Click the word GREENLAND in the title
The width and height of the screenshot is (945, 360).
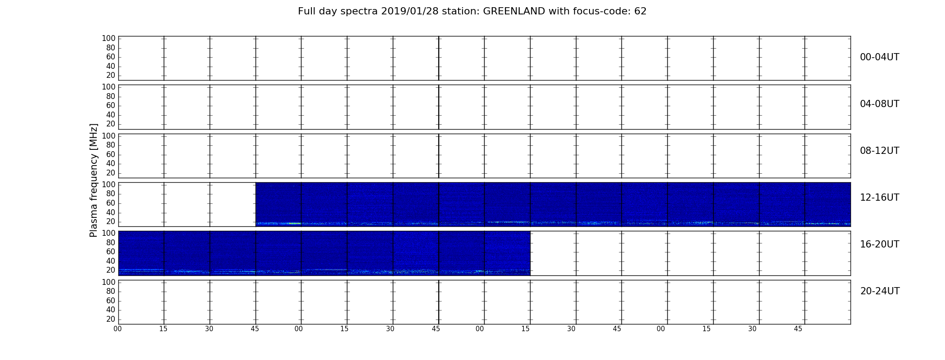click(x=514, y=11)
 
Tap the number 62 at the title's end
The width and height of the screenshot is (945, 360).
click(x=640, y=11)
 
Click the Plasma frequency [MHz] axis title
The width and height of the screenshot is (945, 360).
click(x=94, y=180)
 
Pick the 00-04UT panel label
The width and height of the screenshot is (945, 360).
click(x=880, y=57)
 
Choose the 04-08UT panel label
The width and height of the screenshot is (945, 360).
click(x=880, y=104)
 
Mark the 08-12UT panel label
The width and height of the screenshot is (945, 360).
click(x=880, y=151)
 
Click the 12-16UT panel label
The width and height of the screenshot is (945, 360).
click(x=880, y=198)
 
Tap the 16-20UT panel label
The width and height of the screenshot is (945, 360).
click(x=880, y=244)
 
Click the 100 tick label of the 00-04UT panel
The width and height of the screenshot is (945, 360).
click(x=108, y=38)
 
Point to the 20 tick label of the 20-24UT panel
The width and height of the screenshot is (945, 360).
click(x=111, y=319)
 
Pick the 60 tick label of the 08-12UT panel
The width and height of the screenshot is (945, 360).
click(x=111, y=154)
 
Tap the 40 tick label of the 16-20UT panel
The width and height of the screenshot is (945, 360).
click(x=111, y=261)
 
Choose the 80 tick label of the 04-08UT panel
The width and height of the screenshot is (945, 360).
click(x=111, y=96)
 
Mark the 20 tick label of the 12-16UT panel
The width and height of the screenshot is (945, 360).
click(x=111, y=221)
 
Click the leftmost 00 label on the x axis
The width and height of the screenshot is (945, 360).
click(x=117, y=329)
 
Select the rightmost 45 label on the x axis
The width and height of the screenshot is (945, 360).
click(x=798, y=329)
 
